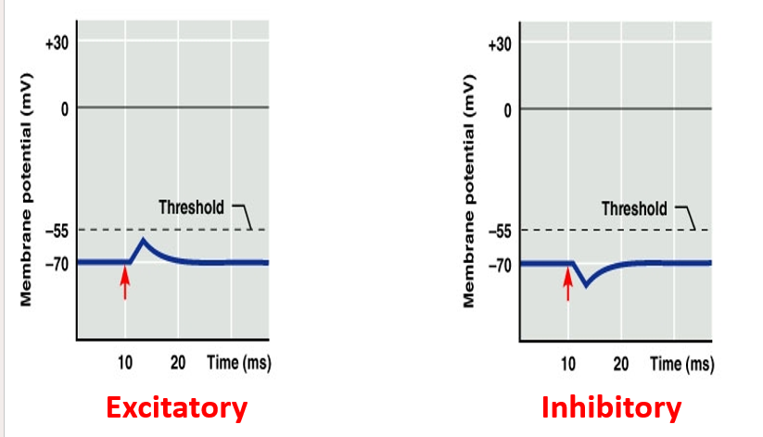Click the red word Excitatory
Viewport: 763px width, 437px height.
176,407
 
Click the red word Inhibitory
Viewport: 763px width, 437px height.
611,407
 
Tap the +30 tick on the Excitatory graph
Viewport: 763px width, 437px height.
55,44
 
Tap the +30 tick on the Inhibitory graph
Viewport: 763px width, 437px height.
499,44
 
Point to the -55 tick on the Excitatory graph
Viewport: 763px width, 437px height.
56,230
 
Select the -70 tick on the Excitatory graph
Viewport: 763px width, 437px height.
56,264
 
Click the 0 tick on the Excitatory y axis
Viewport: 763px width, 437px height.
65,108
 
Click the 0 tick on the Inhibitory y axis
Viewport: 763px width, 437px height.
508,110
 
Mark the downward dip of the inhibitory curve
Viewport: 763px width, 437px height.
586,285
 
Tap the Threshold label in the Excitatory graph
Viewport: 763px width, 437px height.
191,206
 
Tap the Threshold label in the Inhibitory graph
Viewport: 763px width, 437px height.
634,208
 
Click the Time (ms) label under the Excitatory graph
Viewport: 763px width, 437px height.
239,362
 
